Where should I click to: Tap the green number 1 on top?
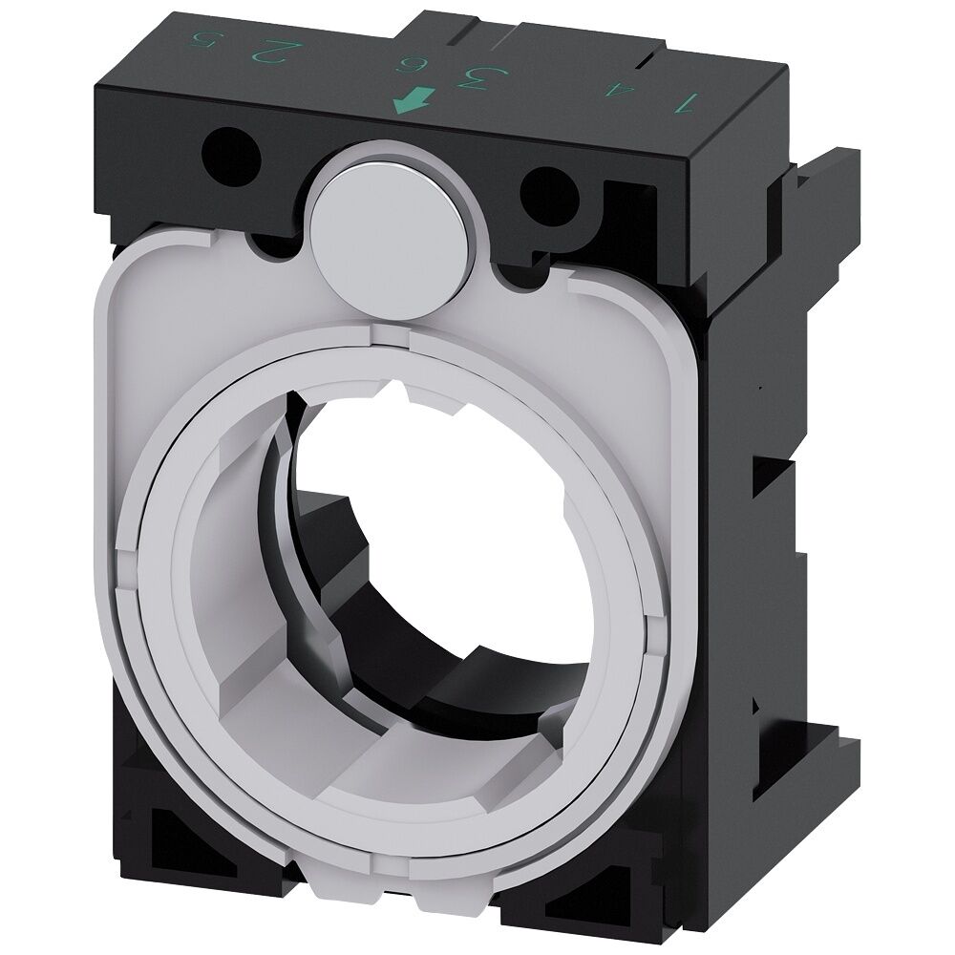684,101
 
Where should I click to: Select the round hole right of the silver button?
550,190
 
